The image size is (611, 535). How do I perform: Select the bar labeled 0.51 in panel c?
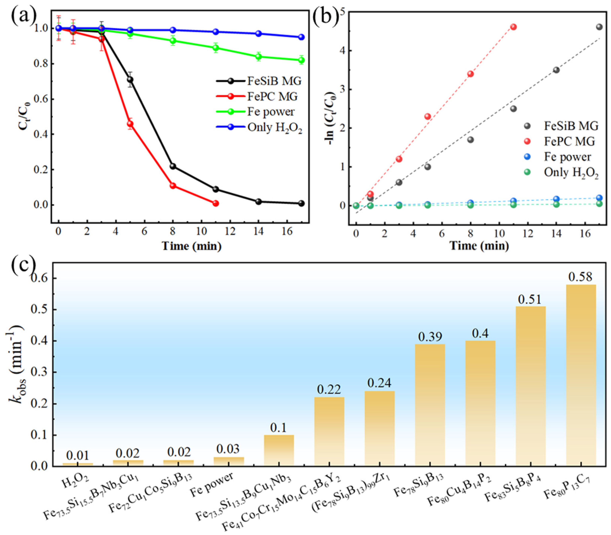(531, 385)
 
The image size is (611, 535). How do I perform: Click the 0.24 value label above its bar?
(379, 383)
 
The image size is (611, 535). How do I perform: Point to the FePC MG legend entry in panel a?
(272, 96)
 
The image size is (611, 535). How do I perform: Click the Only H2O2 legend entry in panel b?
(571, 173)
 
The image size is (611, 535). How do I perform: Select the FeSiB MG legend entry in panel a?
(274, 81)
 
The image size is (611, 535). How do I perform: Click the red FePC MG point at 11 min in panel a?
(216, 203)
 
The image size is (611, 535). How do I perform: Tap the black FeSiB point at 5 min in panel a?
(130, 79)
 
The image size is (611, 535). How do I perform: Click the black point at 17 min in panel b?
(599, 27)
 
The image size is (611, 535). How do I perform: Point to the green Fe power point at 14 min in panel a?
(259, 57)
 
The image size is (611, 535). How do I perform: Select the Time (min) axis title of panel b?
(479, 246)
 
